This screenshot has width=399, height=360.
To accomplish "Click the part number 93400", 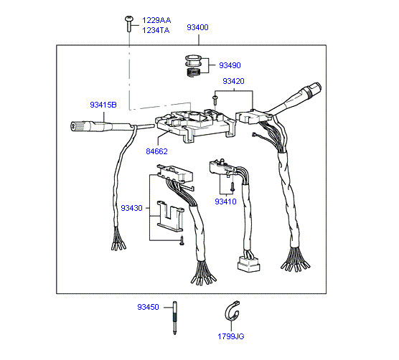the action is tap(197, 27).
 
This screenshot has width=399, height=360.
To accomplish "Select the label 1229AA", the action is tap(156, 20).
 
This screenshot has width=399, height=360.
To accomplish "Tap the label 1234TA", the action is tap(156, 30).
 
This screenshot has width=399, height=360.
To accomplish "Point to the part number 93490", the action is tap(230, 65).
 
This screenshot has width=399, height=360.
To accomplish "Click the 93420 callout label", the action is tap(233, 81).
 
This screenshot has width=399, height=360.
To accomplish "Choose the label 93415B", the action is tap(103, 105).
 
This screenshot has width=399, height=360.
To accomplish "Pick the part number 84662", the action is tap(156, 151).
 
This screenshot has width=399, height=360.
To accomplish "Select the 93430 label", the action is tap(131, 208).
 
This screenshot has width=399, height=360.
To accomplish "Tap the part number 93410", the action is tap(225, 202).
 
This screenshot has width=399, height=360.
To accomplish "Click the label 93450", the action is tap(148, 307).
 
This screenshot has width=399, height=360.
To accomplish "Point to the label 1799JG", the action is tap(231, 336).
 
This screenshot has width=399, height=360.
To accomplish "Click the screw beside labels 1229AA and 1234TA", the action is tap(129, 24).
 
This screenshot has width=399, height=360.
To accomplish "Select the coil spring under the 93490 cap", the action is tap(194, 72).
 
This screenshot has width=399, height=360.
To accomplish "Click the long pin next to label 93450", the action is tap(175, 318).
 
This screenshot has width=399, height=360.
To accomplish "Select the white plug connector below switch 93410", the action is tap(248, 265).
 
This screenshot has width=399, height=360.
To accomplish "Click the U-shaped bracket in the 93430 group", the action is tap(170, 216).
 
